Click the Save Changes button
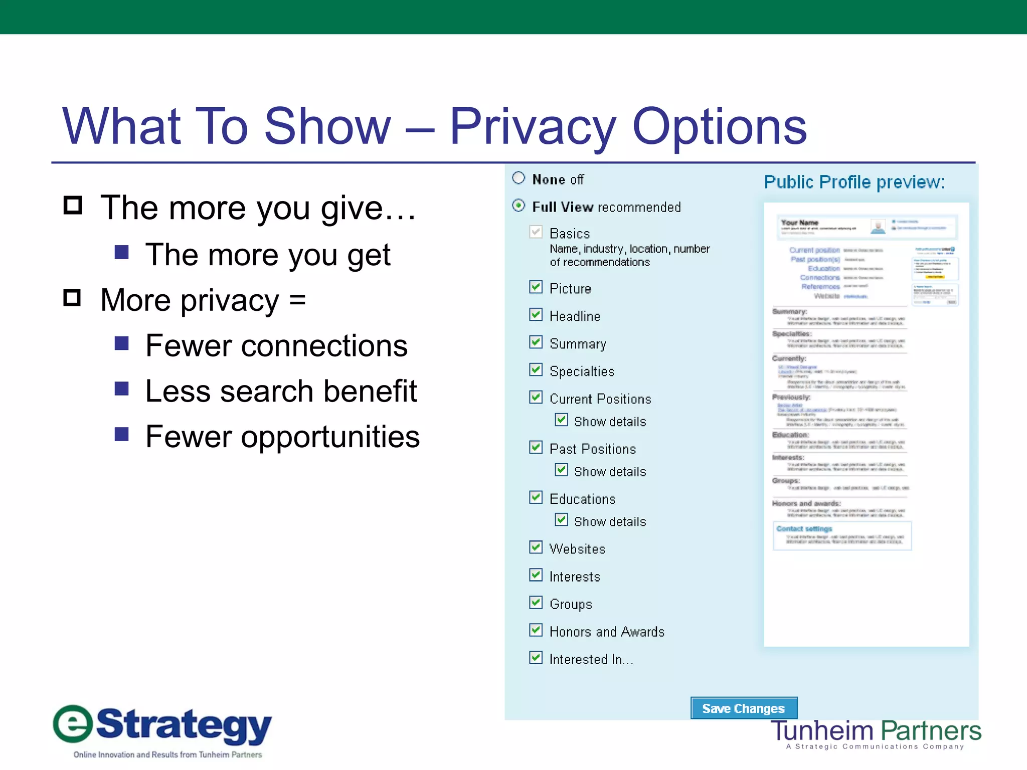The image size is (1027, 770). tap(743, 708)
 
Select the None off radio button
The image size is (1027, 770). tap(519, 178)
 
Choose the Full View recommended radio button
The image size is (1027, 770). tap(519, 206)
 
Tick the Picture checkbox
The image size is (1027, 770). tap(536, 287)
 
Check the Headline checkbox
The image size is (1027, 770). tap(536, 314)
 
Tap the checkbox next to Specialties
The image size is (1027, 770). tap(536, 369)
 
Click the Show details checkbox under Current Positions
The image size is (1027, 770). tap(561, 420)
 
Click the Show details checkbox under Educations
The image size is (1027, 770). tap(561, 520)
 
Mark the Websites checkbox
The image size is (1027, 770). tap(536, 547)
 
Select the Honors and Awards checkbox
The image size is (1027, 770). tap(536, 630)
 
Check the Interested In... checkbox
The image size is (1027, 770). tap(536, 657)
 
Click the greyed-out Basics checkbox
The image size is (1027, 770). tap(536, 232)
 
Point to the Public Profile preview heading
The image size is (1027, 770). tap(854, 182)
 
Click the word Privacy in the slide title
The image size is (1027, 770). tap(532, 126)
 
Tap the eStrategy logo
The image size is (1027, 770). tap(163, 729)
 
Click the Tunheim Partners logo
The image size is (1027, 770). tap(875, 733)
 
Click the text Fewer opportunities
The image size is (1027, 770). tap(282, 437)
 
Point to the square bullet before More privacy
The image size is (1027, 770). tap(72, 298)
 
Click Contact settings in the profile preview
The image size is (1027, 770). tap(804, 529)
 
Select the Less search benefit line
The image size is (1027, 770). tap(281, 391)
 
